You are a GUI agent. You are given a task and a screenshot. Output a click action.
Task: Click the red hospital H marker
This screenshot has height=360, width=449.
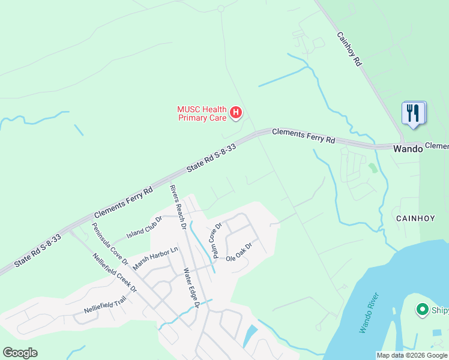tap(236, 112)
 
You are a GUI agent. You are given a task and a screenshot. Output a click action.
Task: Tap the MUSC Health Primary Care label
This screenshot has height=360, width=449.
tap(202, 113)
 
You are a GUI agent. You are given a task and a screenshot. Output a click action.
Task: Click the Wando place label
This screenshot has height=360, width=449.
tap(408, 149)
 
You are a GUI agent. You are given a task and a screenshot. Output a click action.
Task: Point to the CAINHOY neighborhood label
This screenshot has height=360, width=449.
tap(411, 219)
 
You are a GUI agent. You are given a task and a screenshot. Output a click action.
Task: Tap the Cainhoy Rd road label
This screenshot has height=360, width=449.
tap(349, 49)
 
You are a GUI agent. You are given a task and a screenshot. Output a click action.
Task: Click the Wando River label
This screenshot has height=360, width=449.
tap(369, 313)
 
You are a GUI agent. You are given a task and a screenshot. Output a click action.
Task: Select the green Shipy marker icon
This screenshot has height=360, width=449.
tap(422, 310)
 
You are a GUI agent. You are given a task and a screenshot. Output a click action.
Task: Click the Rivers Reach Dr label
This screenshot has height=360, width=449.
tap(175, 208)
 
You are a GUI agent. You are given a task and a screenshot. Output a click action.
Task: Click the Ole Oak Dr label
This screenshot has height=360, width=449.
tap(238, 252)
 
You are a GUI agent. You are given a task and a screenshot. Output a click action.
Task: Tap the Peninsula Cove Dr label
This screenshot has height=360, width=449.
tap(110, 244)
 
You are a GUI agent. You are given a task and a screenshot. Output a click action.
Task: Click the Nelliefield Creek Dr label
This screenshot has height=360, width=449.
tap(115, 272)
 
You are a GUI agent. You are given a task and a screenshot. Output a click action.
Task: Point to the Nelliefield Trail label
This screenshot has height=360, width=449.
tap(106, 305)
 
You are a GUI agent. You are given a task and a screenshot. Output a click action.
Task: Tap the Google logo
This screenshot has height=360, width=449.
tap(20, 353)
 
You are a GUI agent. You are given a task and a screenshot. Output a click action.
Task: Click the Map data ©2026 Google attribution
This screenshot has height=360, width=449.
tap(412, 355)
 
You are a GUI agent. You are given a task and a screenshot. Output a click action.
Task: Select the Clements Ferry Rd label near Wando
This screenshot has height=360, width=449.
tap(303, 136)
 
